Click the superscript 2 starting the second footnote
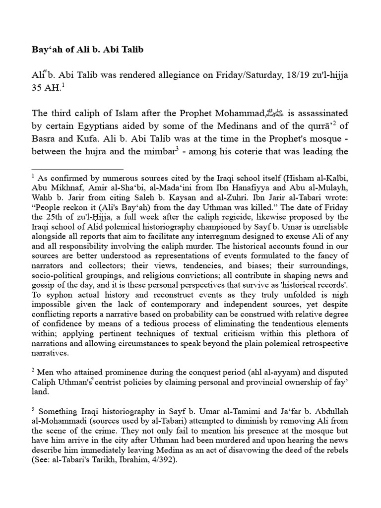[x=32, y=371]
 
